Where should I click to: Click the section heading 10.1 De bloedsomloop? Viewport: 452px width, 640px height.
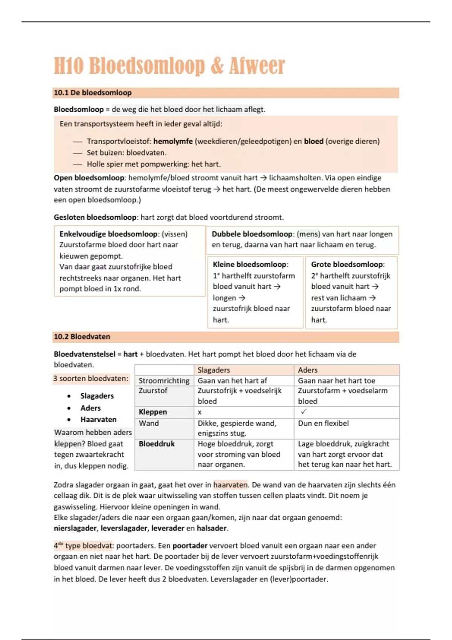click(x=93, y=93)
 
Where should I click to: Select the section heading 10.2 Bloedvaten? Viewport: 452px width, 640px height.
click(x=82, y=337)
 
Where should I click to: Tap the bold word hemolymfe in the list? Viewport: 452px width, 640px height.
click(x=173, y=141)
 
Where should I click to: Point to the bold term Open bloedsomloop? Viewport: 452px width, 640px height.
click(x=89, y=178)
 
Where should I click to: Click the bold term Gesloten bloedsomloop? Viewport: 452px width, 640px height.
click(x=95, y=217)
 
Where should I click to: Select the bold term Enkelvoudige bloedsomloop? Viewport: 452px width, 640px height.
click(x=108, y=234)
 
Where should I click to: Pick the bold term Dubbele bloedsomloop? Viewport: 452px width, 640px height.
click(x=252, y=234)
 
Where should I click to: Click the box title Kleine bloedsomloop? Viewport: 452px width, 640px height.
click(x=250, y=264)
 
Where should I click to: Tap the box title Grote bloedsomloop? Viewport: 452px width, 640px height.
click(x=347, y=264)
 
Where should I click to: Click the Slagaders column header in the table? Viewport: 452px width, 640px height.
click(x=214, y=370)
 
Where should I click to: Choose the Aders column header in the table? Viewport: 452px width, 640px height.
click(x=308, y=370)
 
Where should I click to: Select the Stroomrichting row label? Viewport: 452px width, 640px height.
click(x=164, y=381)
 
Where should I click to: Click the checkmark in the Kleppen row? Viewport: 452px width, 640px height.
click(x=304, y=412)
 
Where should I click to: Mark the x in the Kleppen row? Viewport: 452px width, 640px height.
click(x=200, y=412)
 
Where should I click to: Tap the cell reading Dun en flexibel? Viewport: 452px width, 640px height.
click(x=323, y=423)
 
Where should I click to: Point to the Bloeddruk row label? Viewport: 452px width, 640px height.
click(x=157, y=444)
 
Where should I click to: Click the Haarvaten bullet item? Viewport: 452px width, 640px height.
click(x=98, y=419)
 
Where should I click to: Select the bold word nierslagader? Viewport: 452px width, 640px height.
click(x=75, y=528)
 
